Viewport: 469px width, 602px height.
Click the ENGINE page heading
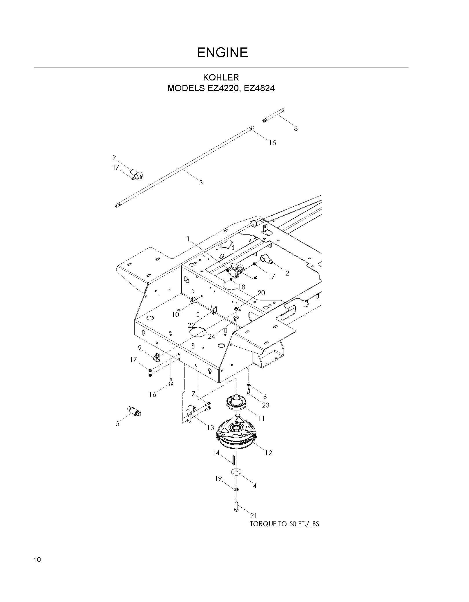[x=222, y=52]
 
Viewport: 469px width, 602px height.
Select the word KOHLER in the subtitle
[x=221, y=78]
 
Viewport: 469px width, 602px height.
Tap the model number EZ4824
[x=259, y=88]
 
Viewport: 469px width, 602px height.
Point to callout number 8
[x=296, y=129]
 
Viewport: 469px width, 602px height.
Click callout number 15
[x=272, y=143]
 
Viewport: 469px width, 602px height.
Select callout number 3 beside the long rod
[x=201, y=183]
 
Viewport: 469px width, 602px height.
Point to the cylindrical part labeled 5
[x=134, y=412]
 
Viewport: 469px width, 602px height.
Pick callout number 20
[x=261, y=293]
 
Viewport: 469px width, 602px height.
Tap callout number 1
[x=188, y=239]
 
